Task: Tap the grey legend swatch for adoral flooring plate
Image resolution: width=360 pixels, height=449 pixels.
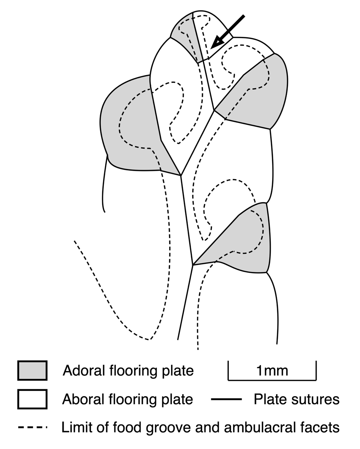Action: coord(32,370)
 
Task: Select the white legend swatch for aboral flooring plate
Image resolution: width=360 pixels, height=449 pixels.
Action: coord(32,399)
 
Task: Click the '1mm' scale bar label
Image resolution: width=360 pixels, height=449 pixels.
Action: coord(272,370)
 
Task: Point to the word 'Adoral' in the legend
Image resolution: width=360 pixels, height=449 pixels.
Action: coord(84,370)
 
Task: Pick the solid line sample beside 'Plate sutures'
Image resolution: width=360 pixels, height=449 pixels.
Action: coord(226,399)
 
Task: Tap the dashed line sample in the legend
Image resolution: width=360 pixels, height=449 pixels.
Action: coord(33,427)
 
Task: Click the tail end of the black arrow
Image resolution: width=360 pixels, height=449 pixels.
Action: coord(243,15)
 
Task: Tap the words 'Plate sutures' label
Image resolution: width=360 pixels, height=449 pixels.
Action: coord(297,399)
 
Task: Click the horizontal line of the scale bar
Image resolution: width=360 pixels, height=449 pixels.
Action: coord(272,379)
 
